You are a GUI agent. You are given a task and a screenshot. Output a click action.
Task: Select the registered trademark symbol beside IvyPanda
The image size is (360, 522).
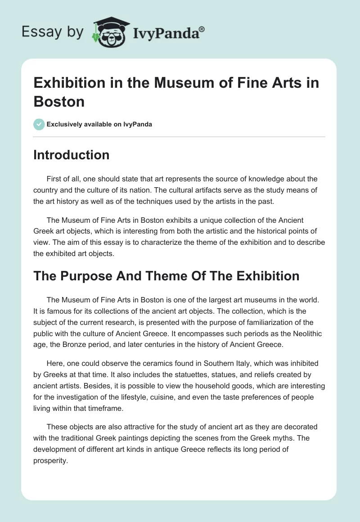pos(202,29)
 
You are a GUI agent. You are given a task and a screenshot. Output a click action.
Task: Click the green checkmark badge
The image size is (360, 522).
pos(39,124)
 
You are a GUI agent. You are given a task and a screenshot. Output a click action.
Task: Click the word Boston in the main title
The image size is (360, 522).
pos(59,101)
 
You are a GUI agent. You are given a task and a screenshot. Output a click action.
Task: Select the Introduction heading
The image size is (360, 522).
pos(72,155)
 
